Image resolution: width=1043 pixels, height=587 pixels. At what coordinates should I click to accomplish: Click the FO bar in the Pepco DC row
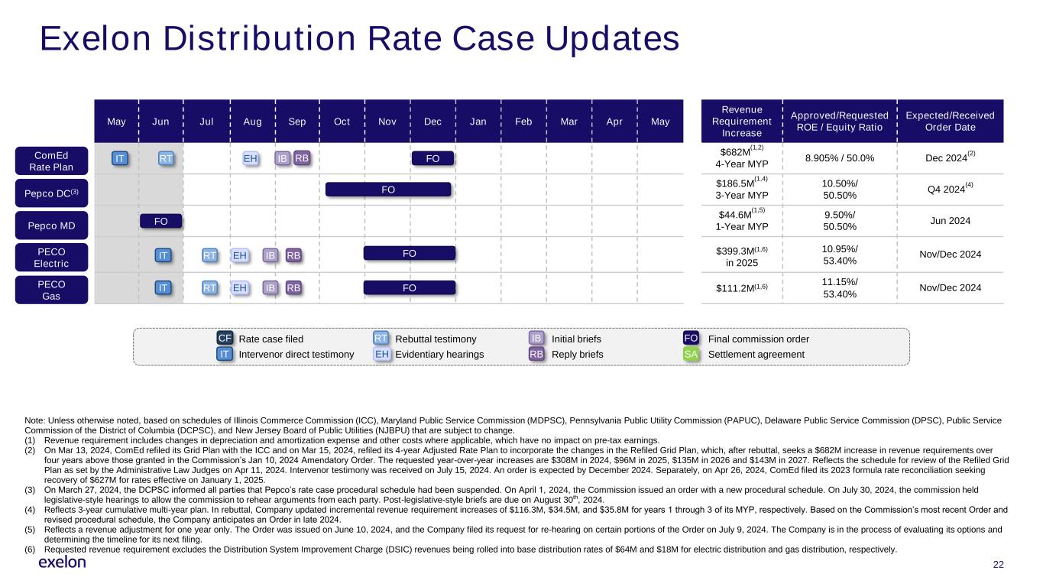[388, 190]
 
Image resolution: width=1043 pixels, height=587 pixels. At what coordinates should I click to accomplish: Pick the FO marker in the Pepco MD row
[161, 222]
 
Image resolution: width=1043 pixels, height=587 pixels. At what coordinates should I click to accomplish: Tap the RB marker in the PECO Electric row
[293, 255]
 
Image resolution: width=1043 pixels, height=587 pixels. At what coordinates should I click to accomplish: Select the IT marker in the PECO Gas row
[162, 288]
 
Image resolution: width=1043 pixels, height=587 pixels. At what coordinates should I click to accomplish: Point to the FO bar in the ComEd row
[432, 158]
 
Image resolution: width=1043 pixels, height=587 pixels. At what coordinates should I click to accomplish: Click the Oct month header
[342, 122]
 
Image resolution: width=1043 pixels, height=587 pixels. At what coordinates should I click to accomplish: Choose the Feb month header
[524, 122]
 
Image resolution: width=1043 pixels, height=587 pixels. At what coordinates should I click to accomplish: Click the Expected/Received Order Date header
[950, 122]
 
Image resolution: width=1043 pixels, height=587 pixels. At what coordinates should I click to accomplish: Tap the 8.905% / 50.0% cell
[840, 158]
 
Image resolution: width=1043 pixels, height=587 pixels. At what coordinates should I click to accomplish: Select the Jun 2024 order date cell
[950, 222]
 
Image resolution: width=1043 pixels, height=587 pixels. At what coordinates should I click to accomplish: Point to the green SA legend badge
[692, 355]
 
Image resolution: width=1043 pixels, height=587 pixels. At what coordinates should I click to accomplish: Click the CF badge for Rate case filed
[225, 339]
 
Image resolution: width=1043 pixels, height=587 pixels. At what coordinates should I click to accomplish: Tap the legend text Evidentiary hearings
[439, 355]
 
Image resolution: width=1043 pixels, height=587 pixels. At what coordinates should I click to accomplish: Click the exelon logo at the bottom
[62, 563]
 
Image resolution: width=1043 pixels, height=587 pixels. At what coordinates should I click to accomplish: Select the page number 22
[998, 564]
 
